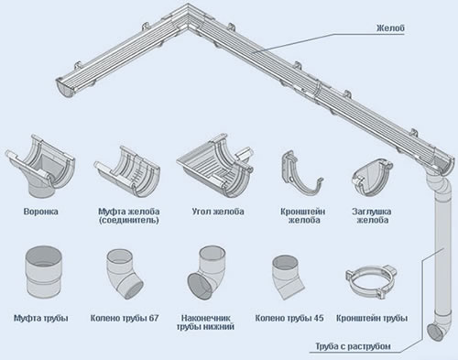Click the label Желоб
(390, 28)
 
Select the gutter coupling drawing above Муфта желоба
(127, 171)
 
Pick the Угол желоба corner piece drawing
(215, 167)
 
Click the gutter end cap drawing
(371, 178)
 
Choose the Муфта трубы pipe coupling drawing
(43, 273)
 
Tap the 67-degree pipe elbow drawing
(125, 274)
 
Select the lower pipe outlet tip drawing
(207, 273)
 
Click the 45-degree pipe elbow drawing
(287, 278)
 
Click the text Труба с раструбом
(353, 346)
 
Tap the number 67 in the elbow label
(154, 318)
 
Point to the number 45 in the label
(318, 318)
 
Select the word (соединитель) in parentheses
(128, 220)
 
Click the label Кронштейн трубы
(372, 319)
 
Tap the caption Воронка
(40, 212)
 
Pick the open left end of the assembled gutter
(65, 88)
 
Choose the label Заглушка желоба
(372, 216)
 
